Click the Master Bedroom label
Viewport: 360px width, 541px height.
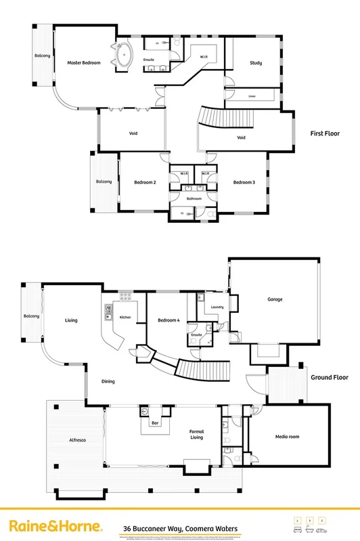click(x=84, y=63)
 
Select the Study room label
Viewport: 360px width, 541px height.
click(x=256, y=63)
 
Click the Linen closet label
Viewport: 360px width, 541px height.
click(x=252, y=96)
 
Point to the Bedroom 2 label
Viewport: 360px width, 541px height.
click(x=145, y=182)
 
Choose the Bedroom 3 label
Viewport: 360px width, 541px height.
click(x=244, y=182)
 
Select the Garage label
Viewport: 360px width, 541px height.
click(x=275, y=299)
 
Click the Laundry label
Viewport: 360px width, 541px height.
click(x=217, y=307)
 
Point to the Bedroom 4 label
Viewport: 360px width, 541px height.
click(x=168, y=320)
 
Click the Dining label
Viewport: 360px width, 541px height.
click(x=108, y=382)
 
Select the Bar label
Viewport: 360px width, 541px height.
click(x=154, y=423)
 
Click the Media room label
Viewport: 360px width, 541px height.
click(x=288, y=437)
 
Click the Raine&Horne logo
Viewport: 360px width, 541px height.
click(x=55, y=526)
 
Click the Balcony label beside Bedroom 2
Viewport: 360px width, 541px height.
click(x=104, y=181)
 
